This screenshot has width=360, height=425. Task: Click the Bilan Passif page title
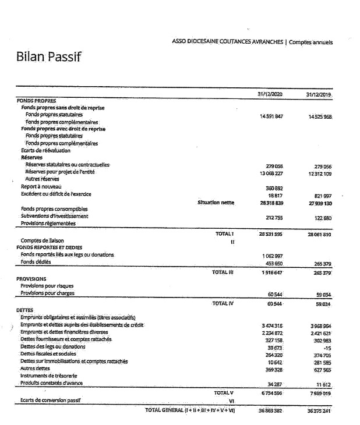coord(48,58)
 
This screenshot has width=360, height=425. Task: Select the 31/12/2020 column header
coord(270,94)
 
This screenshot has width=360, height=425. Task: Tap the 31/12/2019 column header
coord(318,94)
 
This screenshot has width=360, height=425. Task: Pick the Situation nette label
coord(216,203)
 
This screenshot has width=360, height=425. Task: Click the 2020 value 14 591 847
coord(271,116)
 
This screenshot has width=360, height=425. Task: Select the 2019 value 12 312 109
coord(319,173)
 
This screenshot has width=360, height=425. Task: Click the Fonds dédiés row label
coord(36,262)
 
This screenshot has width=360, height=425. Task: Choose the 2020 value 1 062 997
coord(272,256)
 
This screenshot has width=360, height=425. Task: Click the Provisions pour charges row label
coord(47,293)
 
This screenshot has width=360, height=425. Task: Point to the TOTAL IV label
coord(223,303)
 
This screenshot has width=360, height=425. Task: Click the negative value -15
coord(327,348)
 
